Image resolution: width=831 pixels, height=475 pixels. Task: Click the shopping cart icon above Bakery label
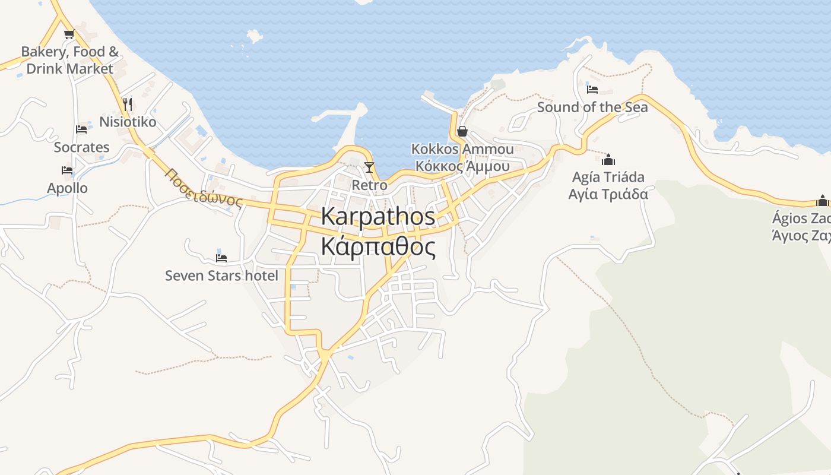pyautogui.click(x=69, y=34)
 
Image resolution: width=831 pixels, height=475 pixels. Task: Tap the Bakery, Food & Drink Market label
pyautogui.click(x=70, y=60)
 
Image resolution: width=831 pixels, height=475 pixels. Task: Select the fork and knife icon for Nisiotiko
pyautogui.click(x=127, y=104)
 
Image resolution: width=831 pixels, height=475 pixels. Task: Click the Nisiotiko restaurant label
pyautogui.click(x=128, y=122)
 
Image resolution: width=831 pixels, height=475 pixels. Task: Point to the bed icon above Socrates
pyautogui.click(x=81, y=129)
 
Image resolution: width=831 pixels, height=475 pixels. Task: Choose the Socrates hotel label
pyautogui.click(x=82, y=147)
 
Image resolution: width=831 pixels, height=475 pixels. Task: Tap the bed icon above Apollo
pyautogui.click(x=67, y=170)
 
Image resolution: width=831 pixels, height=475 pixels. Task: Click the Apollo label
pyautogui.click(x=68, y=188)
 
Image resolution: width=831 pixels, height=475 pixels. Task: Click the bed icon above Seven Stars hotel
pyautogui.click(x=221, y=258)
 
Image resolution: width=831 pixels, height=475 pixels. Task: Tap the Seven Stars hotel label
pyautogui.click(x=221, y=275)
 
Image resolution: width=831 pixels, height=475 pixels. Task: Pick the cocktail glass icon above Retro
pyautogui.click(x=369, y=167)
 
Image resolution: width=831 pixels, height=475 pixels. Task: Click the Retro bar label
pyautogui.click(x=369, y=185)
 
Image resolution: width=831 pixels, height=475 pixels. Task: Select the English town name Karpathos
pyautogui.click(x=378, y=216)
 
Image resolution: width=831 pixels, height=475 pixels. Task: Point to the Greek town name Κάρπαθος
pyautogui.click(x=378, y=246)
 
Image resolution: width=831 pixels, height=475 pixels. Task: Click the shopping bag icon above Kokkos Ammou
pyautogui.click(x=462, y=131)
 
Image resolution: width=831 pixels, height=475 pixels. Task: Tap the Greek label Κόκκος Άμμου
pyautogui.click(x=462, y=166)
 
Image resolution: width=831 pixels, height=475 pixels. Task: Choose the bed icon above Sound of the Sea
pyautogui.click(x=592, y=90)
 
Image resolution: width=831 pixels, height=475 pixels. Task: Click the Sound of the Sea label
pyautogui.click(x=592, y=107)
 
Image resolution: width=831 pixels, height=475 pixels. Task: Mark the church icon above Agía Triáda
pyautogui.click(x=608, y=159)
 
